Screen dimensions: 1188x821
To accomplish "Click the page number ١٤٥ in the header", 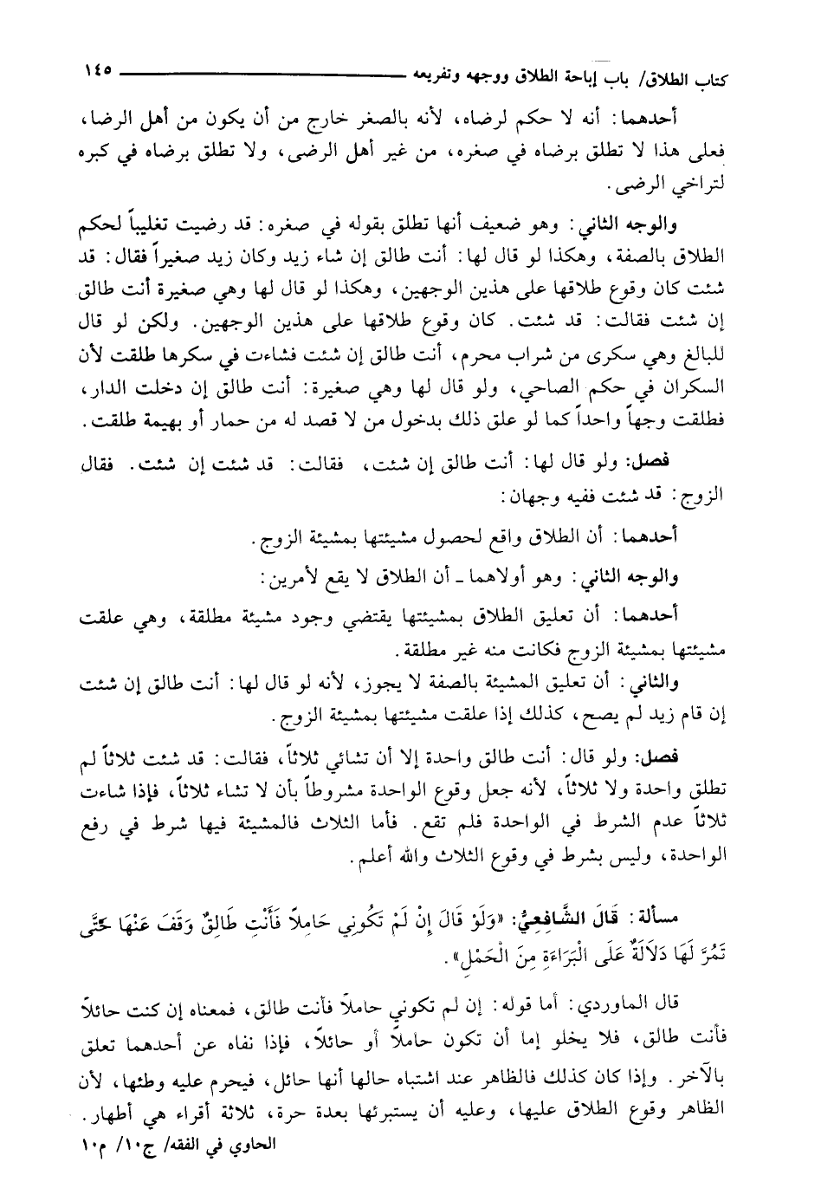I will point(97,72).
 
